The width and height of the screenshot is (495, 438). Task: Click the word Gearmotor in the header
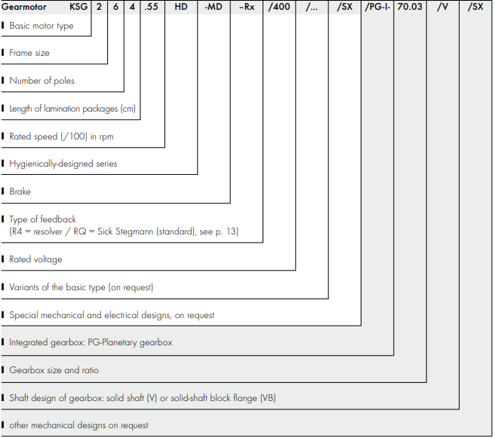(25, 7)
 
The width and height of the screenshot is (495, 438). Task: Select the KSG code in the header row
(78, 7)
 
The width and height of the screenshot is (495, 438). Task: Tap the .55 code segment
(150, 7)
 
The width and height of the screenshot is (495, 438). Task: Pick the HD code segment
(181, 7)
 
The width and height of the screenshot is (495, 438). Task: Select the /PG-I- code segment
(377, 7)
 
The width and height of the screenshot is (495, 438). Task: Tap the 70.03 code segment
(410, 7)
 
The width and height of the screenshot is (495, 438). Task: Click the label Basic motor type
(42, 26)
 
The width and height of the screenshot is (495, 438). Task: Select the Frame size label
(29, 54)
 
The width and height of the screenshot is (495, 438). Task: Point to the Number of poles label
(42, 81)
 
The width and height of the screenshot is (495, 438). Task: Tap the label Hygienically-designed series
(63, 164)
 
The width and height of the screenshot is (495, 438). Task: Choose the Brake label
(20, 191)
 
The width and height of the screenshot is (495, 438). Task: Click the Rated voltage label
(35, 259)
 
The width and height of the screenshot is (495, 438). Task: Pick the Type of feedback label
(43, 219)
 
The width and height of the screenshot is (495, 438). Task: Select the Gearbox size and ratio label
(54, 370)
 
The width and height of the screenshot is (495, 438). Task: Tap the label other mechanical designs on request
(78, 425)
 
